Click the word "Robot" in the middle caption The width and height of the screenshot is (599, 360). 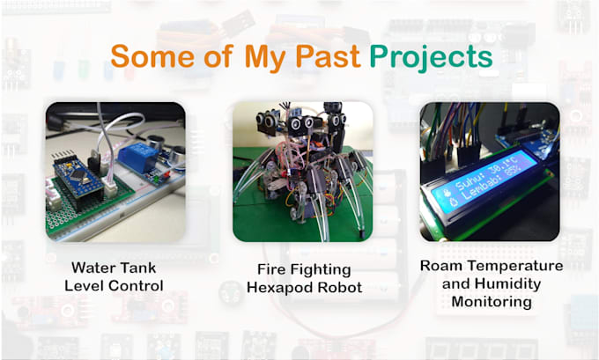tap(337, 287)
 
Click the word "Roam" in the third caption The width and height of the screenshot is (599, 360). tap(441, 265)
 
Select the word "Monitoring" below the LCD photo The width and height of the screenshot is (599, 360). tap(491, 302)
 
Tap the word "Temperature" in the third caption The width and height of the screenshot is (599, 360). tap(513, 265)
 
